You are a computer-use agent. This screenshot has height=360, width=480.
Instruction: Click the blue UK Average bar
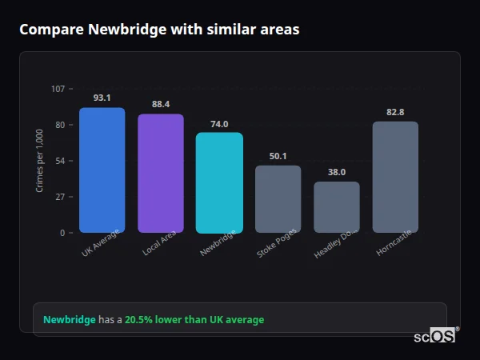pyautogui.click(x=102, y=170)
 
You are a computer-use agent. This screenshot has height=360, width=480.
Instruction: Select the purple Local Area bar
pyautogui.click(x=161, y=173)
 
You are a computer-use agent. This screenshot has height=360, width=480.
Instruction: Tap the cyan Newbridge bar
pyautogui.click(x=219, y=182)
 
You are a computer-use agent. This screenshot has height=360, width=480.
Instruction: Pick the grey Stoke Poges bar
pyautogui.click(x=278, y=199)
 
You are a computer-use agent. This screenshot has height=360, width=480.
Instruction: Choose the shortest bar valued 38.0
pyautogui.click(x=337, y=207)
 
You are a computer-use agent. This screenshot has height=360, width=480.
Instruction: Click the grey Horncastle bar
pyautogui.click(x=395, y=177)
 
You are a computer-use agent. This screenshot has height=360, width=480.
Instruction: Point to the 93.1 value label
pyautogui.click(x=102, y=98)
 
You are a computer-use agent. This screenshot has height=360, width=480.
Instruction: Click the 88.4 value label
pyautogui.click(x=161, y=104)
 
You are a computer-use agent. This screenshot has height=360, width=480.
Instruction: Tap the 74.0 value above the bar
pyautogui.click(x=219, y=124)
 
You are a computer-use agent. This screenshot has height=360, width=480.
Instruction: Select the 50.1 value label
pyautogui.click(x=278, y=156)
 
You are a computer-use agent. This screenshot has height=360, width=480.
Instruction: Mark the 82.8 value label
pyautogui.click(x=395, y=112)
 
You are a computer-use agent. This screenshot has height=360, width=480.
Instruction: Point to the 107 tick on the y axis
pyautogui.click(x=58, y=89)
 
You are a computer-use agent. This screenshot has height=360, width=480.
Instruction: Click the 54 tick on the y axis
pyautogui.click(x=60, y=161)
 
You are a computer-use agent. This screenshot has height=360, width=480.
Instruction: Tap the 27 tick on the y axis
pyautogui.click(x=60, y=197)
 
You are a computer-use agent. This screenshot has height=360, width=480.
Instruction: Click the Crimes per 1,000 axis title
pyautogui.click(x=40, y=161)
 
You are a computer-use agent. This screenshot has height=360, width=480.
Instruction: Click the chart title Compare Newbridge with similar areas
pyautogui.click(x=159, y=30)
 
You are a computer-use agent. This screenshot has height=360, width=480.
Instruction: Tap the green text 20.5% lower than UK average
pyautogui.click(x=194, y=320)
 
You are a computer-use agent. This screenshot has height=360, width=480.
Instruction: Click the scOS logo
pyautogui.click(x=435, y=336)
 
